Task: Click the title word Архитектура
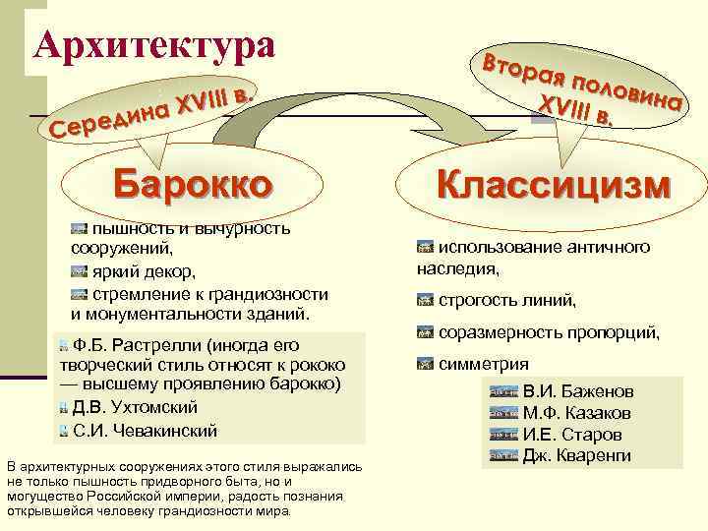coord(154,43)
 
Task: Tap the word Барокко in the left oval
coord(193,183)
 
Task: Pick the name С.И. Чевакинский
coord(145,430)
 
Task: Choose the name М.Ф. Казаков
coord(576,413)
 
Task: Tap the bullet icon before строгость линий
coord(426,301)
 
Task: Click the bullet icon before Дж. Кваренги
coord(503,455)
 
